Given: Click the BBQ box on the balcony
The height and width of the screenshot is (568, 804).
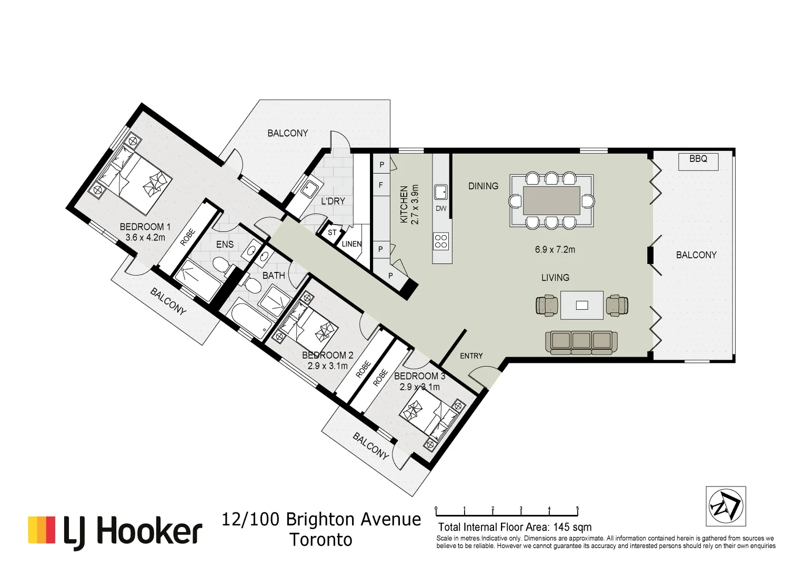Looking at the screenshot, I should [x=698, y=161].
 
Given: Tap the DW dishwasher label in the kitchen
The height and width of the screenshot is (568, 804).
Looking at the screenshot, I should [x=441, y=209].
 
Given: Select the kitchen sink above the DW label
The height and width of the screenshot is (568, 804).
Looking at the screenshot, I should [x=440, y=192].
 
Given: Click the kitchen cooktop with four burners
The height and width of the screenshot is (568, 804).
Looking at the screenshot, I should [x=441, y=241].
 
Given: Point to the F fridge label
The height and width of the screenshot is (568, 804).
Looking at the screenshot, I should [x=381, y=185].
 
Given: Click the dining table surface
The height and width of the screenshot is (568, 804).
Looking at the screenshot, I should [x=551, y=200].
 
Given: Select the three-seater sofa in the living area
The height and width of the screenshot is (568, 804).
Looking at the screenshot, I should [x=581, y=341].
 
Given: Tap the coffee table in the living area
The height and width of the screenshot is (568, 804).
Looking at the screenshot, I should [x=581, y=305].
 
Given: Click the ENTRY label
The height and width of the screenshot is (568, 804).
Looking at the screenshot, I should [x=471, y=356].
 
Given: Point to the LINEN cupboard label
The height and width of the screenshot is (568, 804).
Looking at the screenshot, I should [x=351, y=244].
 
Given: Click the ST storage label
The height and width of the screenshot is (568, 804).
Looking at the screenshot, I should [x=332, y=232].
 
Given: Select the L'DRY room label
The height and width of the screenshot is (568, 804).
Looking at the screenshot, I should [x=333, y=201].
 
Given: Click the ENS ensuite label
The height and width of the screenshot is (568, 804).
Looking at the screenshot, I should [x=225, y=245].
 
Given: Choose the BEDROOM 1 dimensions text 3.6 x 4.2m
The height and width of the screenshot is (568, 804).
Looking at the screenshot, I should [x=145, y=238].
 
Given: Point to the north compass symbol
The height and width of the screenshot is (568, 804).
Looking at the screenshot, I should [x=726, y=506].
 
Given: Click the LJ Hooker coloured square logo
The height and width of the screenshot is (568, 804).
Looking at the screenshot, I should [x=42, y=530].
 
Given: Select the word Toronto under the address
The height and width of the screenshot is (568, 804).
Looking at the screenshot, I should [x=321, y=540].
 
